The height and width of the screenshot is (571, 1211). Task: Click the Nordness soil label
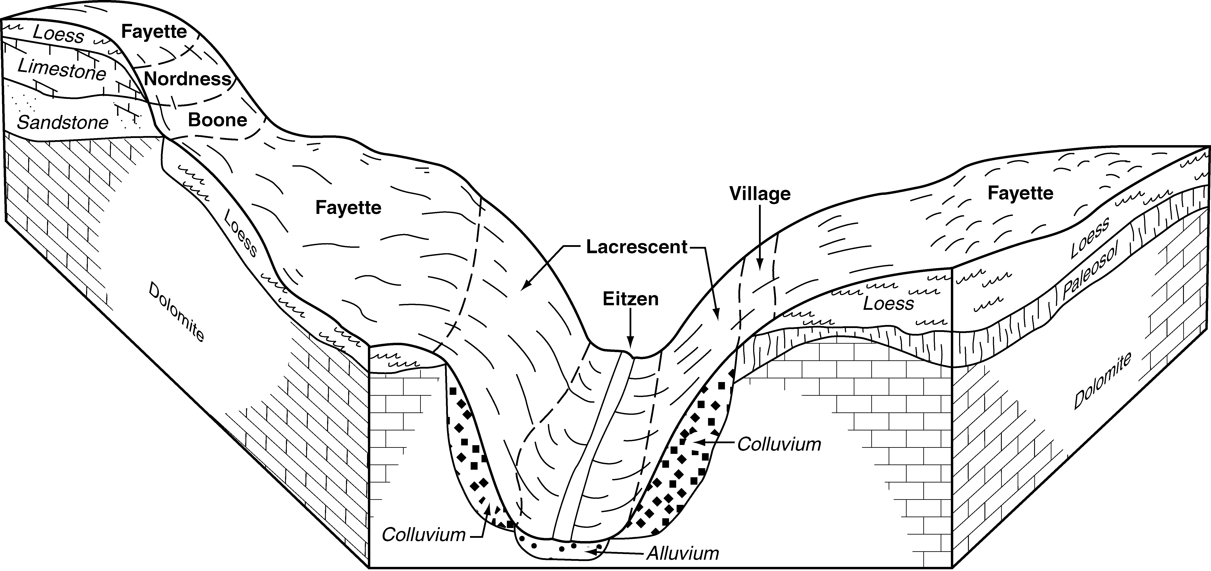[188, 79]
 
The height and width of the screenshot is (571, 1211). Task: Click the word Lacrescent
[637, 247]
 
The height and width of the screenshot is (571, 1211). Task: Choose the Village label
[760, 194]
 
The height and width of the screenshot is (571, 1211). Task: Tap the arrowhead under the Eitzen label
[630, 348]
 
